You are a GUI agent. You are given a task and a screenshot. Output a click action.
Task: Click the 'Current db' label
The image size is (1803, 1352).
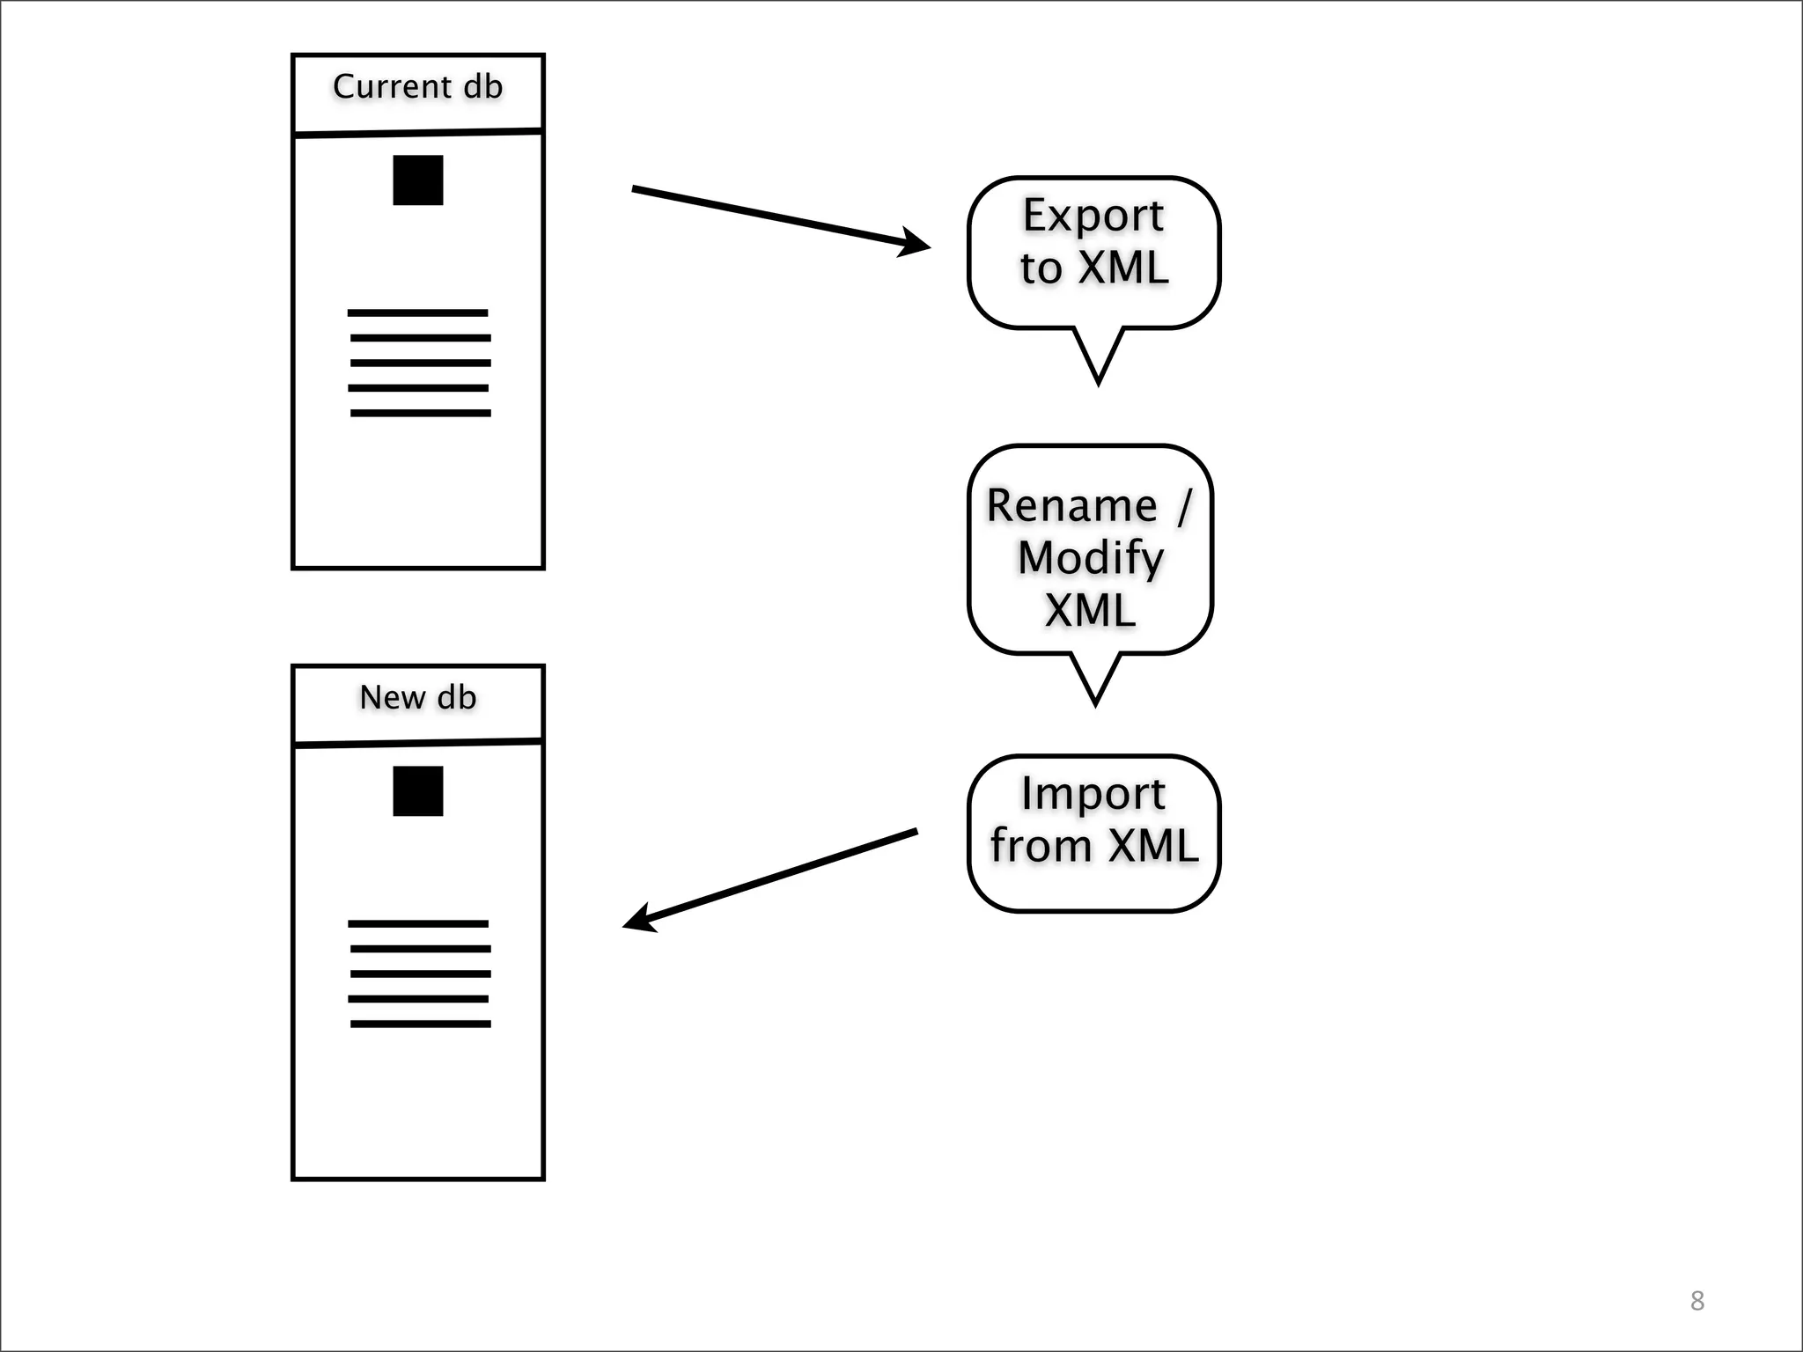coord(417,87)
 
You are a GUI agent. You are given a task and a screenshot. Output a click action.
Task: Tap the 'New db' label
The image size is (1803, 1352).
coord(417,698)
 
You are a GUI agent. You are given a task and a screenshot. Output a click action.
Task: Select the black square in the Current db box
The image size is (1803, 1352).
coord(417,180)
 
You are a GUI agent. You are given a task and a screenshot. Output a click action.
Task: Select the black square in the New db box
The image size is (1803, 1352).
coord(417,791)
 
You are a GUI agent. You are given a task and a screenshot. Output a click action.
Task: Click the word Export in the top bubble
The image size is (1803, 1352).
coord(1093,217)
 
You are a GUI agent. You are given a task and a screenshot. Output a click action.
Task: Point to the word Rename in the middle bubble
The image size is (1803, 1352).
coord(1071,506)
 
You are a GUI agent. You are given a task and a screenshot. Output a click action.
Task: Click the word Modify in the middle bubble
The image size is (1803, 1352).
coord(1091,558)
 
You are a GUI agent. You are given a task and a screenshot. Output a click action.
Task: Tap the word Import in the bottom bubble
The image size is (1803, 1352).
coord(1093,794)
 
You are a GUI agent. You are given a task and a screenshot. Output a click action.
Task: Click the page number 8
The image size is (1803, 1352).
coord(1697,1301)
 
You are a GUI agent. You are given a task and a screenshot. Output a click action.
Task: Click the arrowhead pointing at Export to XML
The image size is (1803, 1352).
coord(916,244)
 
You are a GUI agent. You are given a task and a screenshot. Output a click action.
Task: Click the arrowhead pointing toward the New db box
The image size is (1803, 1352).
coord(639,919)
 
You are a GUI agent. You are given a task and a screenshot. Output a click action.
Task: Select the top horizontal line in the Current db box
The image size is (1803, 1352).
coord(417,313)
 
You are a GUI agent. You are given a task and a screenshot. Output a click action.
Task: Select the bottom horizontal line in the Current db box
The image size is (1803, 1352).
coord(420,413)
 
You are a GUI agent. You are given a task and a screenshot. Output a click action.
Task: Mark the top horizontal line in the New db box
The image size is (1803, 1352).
coord(417,924)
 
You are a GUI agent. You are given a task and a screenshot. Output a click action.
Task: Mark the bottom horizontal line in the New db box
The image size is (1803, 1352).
coord(420,1024)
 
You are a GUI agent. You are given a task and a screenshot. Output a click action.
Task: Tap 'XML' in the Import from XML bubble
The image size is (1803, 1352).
coord(1152,846)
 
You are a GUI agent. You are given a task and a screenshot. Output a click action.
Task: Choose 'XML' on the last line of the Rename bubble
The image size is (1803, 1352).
coord(1090,610)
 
